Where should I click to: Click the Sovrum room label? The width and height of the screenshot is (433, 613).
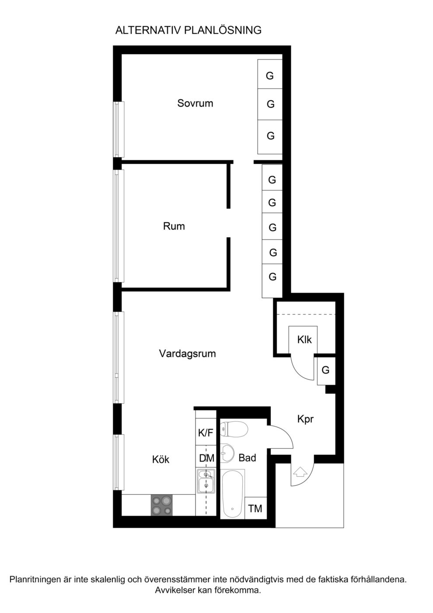195,103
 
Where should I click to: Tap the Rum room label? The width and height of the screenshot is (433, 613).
174,226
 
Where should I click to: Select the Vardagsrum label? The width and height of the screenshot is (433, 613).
187,354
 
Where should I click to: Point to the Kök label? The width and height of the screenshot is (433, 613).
161,459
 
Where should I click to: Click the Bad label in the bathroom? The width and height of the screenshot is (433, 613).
248,458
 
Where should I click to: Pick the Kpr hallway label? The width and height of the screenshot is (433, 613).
305,419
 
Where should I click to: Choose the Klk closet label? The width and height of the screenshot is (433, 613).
304,340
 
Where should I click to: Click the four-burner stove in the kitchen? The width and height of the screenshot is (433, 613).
162,505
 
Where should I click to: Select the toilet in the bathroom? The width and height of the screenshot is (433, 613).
234,429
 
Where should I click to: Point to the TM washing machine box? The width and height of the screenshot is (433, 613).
255,508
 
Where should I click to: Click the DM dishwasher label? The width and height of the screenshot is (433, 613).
206,458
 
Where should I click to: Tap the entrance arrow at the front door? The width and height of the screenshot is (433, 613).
300,472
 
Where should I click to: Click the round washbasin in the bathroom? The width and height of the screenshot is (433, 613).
227,453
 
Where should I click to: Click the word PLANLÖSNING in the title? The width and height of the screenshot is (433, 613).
223,30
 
